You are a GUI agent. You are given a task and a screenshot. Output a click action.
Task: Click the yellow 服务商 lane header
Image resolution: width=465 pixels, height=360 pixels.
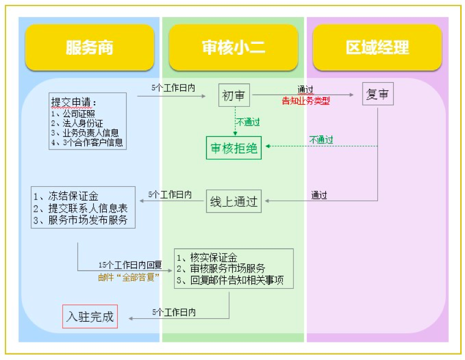click(x=89, y=48)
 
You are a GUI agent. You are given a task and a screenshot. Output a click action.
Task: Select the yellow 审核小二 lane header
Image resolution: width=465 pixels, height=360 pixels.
click(x=233, y=48)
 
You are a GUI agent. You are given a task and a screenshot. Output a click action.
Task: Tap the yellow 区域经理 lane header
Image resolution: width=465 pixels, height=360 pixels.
click(x=377, y=48)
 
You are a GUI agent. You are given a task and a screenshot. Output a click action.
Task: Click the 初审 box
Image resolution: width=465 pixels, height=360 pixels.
click(x=234, y=95)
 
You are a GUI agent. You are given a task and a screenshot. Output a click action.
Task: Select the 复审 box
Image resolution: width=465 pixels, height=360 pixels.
click(x=377, y=94)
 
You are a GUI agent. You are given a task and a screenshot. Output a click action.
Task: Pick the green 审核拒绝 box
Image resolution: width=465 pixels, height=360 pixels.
click(x=234, y=148)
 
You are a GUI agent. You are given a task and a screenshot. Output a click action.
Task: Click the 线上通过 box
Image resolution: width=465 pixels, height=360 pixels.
click(x=234, y=201)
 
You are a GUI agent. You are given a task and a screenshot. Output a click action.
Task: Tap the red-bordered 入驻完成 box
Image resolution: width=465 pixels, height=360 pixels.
click(x=90, y=316)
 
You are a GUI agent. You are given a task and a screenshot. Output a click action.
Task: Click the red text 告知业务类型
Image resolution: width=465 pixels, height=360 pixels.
click(x=306, y=101)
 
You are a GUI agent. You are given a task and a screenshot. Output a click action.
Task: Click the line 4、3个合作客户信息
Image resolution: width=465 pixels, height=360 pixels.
click(x=87, y=142)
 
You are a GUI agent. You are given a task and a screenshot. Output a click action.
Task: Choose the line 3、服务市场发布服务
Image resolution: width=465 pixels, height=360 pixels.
click(x=81, y=220)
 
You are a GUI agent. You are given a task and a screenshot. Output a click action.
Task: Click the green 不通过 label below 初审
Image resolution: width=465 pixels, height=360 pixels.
click(x=248, y=122)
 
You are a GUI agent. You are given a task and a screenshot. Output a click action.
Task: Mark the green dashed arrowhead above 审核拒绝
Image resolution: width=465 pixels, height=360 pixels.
click(x=235, y=133)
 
